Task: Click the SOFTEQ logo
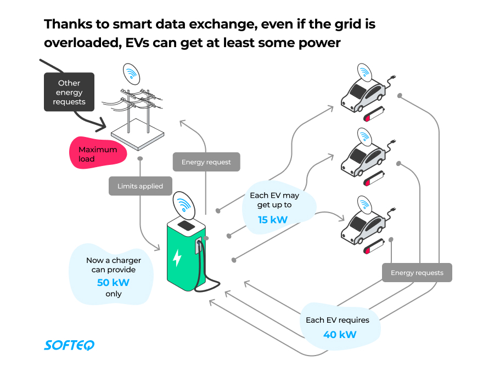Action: coord(69,345)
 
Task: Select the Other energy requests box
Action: coord(70,92)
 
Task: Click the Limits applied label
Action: coord(140,186)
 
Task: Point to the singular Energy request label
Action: coord(206,162)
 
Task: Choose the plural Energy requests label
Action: coord(417,273)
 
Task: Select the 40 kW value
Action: coord(340,334)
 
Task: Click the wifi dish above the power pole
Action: coord(131,72)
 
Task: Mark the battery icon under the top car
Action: coord(375,116)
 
